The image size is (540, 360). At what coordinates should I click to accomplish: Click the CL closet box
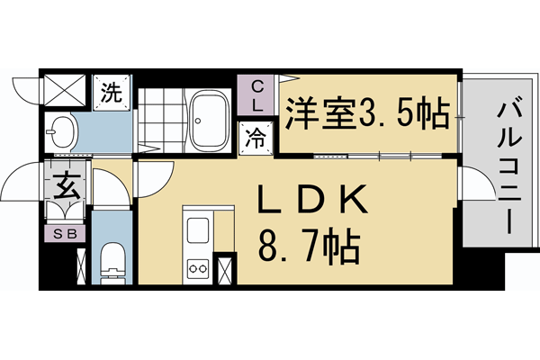click(257, 95)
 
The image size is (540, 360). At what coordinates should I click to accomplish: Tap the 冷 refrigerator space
click(256, 140)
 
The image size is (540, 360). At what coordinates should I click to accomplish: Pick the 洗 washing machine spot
click(111, 92)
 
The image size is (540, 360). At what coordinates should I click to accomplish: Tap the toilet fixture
click(112, 258)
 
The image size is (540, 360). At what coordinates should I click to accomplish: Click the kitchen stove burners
click(196, 267)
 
